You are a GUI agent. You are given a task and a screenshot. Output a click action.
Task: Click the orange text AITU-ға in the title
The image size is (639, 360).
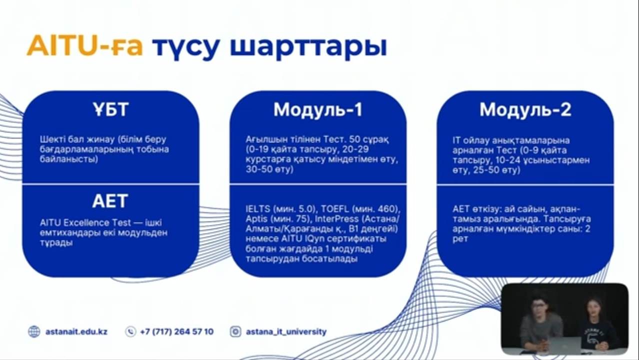pos(84,46)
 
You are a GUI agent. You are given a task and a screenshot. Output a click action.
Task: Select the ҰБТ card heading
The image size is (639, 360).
pos(110,109)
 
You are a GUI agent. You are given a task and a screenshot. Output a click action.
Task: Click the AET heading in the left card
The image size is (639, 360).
pos(110,201)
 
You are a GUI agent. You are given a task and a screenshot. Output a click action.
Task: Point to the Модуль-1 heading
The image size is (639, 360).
pos(318,109)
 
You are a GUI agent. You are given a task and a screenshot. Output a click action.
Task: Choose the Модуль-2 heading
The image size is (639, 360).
pos(525,109)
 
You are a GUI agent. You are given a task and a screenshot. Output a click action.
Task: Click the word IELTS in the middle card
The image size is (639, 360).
pos(258,209)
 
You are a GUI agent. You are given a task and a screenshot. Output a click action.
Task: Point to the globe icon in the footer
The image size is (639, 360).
pos(34,332)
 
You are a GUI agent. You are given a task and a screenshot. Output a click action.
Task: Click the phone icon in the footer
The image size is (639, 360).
pos(130,332)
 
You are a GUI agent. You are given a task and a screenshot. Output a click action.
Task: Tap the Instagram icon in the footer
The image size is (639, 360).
pos(235,332)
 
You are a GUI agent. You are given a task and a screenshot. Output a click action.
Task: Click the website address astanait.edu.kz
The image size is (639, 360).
pos(76,332)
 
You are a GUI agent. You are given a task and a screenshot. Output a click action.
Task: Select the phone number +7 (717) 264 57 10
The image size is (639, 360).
pos(177,332)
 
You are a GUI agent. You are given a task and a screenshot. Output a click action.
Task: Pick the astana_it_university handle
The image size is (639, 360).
pos(286,332)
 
